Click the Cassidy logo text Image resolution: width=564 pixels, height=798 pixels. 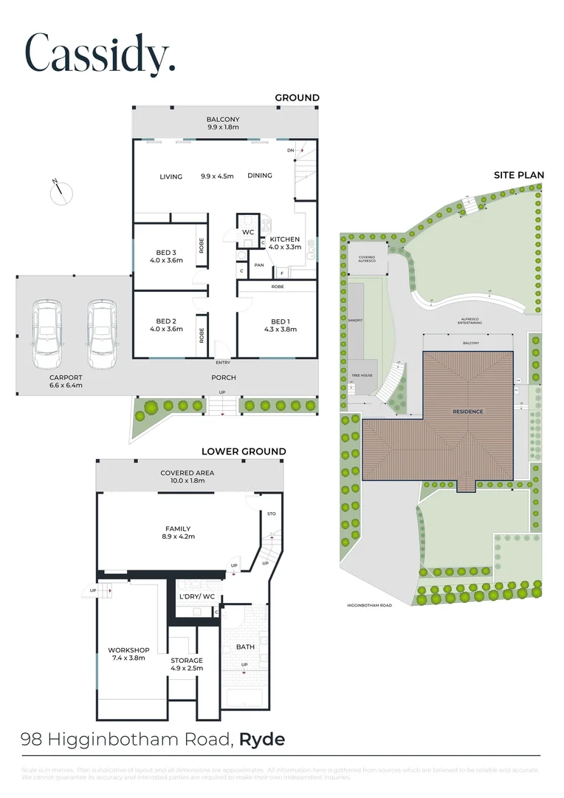(100, 52)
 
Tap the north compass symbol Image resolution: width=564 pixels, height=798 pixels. (61, 191)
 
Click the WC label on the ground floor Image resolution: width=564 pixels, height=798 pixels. (248, 232)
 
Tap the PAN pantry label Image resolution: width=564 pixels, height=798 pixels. (259, 264)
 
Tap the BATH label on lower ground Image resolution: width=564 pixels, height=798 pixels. (245, 647)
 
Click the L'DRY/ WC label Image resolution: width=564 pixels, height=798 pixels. (194, 596)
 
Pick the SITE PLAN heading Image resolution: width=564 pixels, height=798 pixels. (519, 175)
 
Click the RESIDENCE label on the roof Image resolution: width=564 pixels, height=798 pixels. (467, 411)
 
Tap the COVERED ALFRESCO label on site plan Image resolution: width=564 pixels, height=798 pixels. (367, 259)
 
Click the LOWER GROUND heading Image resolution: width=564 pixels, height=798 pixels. (244, 451)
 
